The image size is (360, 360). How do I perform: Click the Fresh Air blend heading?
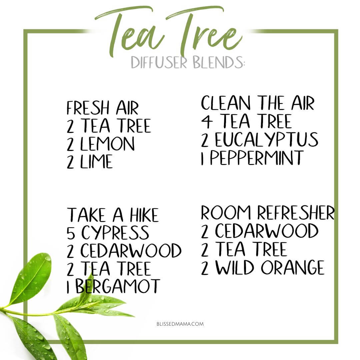103,108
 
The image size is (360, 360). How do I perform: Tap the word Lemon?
107,144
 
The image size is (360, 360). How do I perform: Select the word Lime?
96,162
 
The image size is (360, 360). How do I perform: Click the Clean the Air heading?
258,103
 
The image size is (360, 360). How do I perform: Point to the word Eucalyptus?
267,140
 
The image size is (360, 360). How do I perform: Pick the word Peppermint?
257,158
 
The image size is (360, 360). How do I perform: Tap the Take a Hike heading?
113,215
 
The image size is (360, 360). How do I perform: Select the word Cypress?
115,233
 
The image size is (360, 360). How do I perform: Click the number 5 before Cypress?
71,233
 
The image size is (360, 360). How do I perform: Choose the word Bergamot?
118,286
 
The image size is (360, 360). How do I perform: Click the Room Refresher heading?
268,213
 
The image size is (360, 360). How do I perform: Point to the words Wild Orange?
270,267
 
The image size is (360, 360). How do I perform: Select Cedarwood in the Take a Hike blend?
131,250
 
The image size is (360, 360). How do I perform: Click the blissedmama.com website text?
180,324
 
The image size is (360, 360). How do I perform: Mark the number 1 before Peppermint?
202,158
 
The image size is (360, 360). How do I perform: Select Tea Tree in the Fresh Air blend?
116,126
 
